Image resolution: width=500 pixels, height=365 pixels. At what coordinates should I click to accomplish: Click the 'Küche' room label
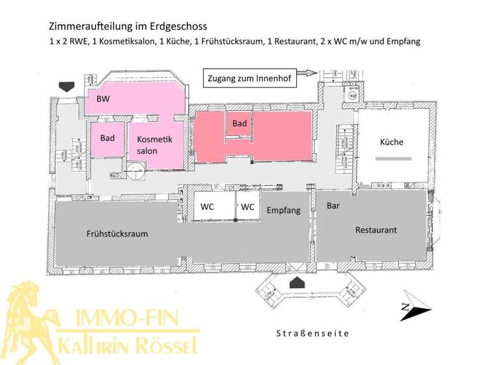point(392,142)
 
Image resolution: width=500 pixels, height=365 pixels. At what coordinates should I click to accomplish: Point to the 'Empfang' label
point(283,210)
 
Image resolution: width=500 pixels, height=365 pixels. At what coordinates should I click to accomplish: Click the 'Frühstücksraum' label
point(117,234)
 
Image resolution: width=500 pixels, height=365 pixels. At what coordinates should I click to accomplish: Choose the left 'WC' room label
point(207,207)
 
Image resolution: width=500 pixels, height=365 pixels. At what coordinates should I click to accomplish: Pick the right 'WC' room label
point(247,207)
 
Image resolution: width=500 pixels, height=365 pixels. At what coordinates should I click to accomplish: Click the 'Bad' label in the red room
point(240,123)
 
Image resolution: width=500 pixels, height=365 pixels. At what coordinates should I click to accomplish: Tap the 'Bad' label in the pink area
point(107,138)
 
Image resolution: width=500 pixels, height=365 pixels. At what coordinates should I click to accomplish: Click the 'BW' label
point(103,99)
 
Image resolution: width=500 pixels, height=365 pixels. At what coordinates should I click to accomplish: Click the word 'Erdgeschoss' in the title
point(177,27)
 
